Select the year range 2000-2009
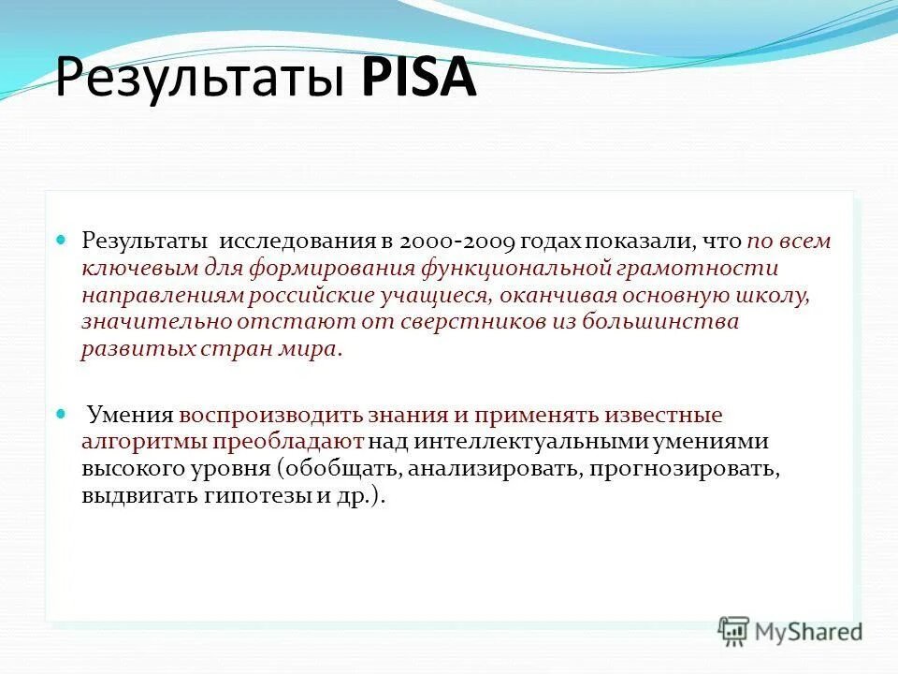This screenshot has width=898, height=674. [x=457, y=242]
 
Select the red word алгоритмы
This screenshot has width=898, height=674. [x=143, y=442]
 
